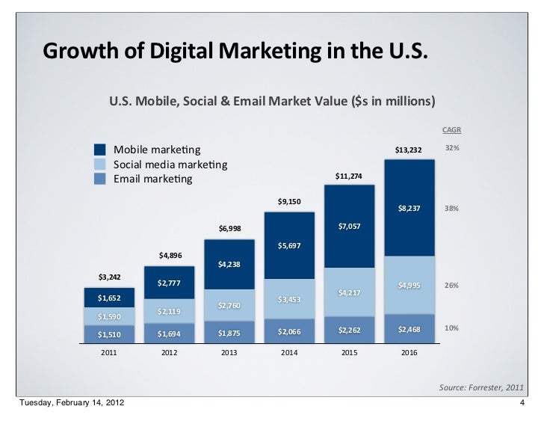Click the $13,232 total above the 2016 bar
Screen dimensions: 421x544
click(409, 151)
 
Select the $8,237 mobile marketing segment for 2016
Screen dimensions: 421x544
click(409, 209)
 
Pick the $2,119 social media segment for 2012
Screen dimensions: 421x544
click(169, 311)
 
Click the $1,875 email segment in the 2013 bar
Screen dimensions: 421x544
click(229, 333)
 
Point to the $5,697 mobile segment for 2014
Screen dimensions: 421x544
click(289, 245)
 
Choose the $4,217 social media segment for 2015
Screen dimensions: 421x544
click(349, 292)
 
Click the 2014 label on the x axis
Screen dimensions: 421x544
click(289, 354)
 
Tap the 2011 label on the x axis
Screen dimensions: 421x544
click(108, 354)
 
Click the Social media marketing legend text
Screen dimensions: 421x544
click(170, 165)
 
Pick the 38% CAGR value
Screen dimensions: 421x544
click(451, 209)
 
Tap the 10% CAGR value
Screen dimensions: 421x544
click(451, 328)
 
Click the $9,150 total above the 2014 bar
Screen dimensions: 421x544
click(289, 201)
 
